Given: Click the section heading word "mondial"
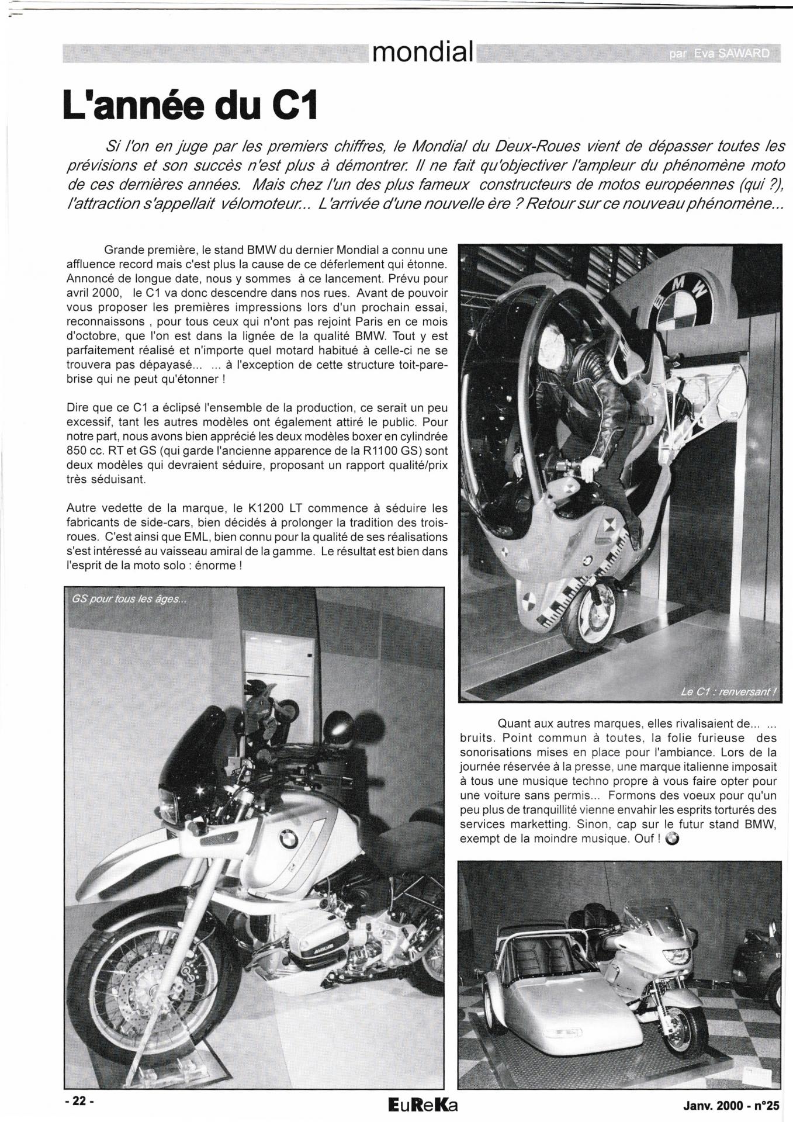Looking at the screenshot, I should click(423, 53).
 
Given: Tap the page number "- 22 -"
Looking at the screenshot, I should click(79, 1100).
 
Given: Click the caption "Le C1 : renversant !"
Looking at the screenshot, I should click(728, 692).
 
